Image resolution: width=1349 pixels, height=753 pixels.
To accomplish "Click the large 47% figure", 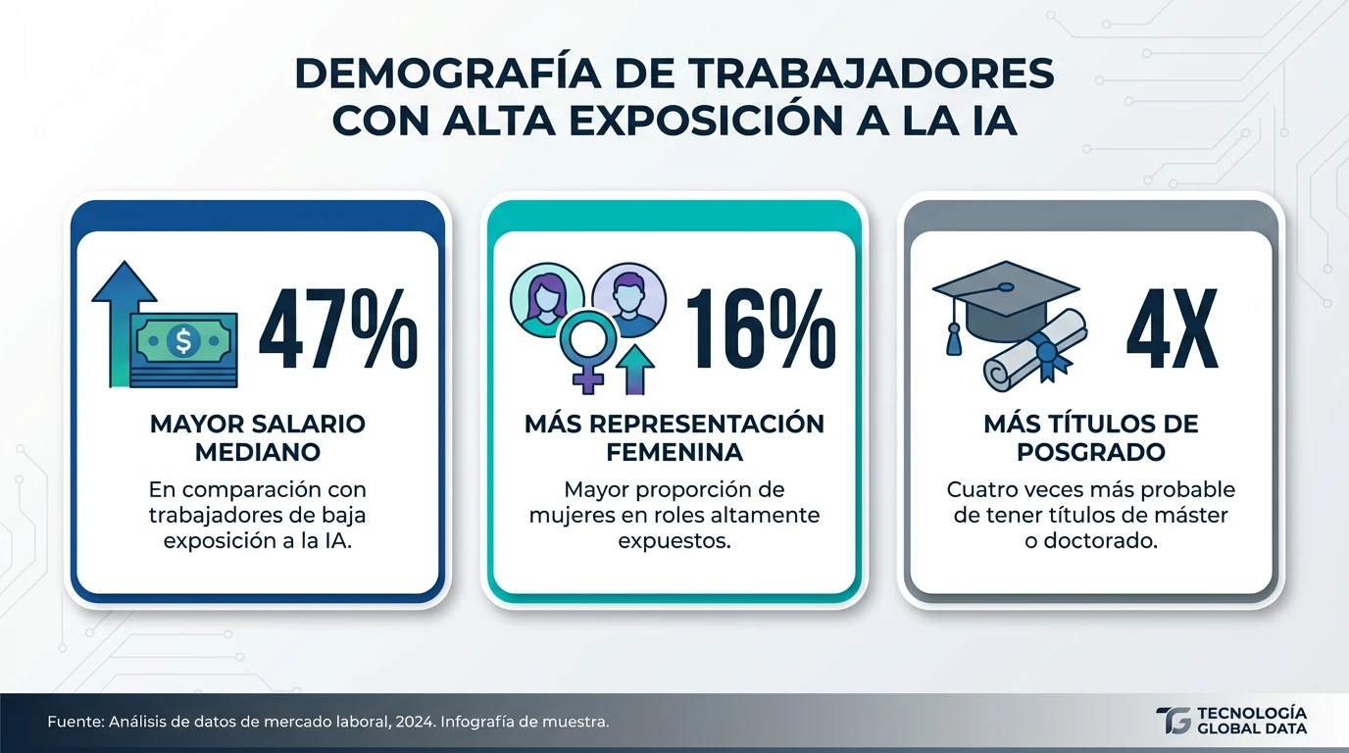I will [338, 331].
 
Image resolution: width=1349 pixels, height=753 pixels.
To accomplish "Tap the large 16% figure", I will [760, 331].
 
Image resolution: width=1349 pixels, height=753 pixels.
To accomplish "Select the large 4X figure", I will [1172, 331].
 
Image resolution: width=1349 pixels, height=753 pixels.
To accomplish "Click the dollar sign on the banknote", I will [182, 341].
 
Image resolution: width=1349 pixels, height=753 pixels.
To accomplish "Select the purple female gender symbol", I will [587, 354].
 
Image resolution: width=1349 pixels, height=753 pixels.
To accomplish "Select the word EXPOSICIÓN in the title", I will [729, 122].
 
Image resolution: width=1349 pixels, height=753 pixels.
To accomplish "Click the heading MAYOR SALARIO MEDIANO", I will [258, 438].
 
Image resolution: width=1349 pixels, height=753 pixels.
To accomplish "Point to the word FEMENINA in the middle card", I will [674, 453].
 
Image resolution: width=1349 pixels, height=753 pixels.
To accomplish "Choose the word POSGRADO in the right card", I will [1090, 453].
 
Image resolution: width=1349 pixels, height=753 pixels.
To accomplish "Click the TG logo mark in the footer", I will [1174, 721].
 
